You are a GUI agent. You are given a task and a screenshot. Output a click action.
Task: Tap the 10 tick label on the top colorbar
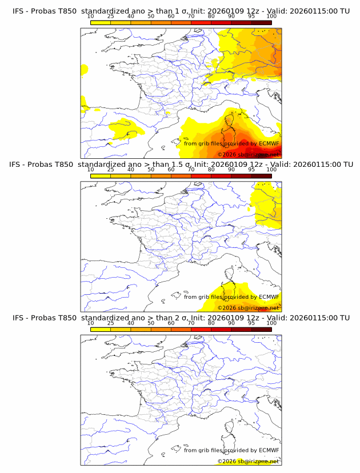pos(90,17)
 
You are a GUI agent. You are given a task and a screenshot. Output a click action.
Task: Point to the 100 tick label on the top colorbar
pos(271,17)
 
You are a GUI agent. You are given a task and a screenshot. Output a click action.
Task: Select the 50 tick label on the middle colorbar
pos(151,170)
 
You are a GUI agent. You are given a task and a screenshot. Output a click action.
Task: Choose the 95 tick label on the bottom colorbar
pos(251,323)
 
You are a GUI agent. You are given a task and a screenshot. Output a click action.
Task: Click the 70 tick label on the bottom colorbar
pos(191,323)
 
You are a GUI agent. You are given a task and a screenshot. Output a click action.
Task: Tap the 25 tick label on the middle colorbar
pos(110,170)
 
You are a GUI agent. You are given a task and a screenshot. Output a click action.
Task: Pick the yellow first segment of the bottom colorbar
pos(101,329)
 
